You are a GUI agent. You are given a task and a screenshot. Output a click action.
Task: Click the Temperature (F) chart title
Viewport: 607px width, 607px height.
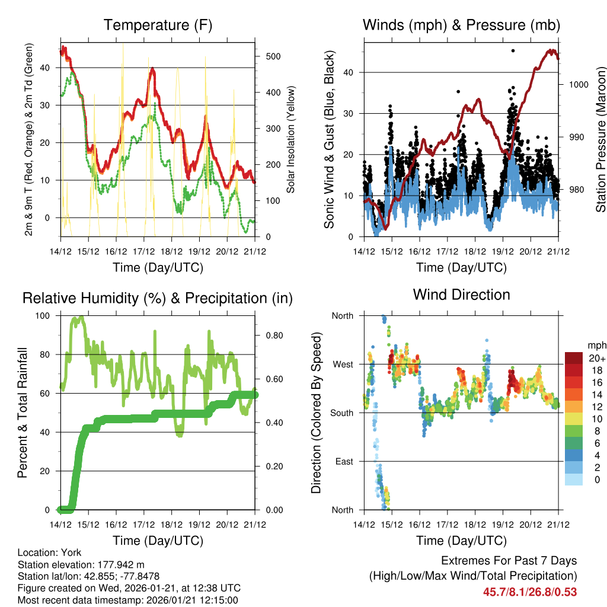point(158,25)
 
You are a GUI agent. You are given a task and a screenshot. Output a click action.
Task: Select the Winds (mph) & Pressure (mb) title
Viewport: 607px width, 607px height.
point(461,25)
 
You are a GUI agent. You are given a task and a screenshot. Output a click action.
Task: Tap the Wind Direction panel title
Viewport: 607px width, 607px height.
point(461,295)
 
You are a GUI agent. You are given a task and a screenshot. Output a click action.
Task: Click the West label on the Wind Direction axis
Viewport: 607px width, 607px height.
point(342,364)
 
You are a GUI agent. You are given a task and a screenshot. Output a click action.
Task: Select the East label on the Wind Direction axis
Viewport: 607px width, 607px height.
point(344,461)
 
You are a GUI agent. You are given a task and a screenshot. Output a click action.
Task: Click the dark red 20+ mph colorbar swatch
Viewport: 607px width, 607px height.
point(573,358)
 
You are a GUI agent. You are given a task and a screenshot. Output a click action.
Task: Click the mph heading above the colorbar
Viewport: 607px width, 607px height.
point(596,345)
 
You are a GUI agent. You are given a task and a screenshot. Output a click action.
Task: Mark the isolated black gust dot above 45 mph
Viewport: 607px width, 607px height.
point(513,51)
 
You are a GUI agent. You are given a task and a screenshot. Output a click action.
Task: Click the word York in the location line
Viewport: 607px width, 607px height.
point(71,552)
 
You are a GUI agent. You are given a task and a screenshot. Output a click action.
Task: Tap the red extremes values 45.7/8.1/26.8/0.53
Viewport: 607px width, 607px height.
point(530,592)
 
